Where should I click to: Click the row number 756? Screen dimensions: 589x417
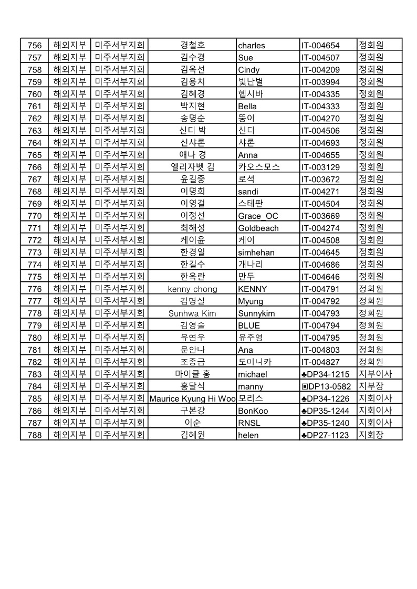pyautogui.click(x=34, y=45)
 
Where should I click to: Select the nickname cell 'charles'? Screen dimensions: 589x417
pyautogui.click(x=252, y=45)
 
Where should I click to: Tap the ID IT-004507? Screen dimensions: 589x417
pyautogui.click(x=320, y=58)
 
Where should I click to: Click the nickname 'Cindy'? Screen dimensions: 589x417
pyautogui.click(x=248, y=70)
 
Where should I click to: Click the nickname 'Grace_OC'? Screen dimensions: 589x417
pyautogui.click(x=258, y=216)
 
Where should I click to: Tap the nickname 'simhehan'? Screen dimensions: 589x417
pyautogui.click(x=256, y=253)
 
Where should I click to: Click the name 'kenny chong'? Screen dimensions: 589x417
pyautogui.click(x=192, y=289)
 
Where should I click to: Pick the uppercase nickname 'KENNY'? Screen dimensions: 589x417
pyautogui.click(x=253, y=289)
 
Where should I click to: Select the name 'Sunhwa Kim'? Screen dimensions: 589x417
pyautogui.click(x=192, y=313)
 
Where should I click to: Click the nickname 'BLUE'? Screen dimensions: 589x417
pyautogui.click(x=249, y=325)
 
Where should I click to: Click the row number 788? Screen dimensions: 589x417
pyautogui.click(x=34, y=435)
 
